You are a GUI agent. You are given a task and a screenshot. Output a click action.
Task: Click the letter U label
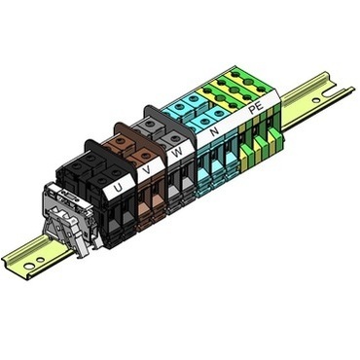(117, 184)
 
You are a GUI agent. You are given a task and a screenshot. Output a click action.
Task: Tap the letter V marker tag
(147, 169)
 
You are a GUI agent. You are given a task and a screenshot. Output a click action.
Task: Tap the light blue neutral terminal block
(209, 161)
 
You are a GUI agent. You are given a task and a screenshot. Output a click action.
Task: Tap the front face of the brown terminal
(146, 209)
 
